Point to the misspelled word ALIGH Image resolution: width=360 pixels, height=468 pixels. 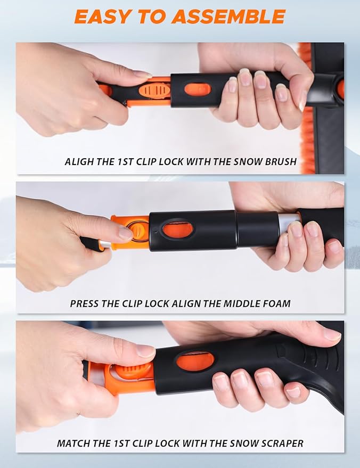point(80,161)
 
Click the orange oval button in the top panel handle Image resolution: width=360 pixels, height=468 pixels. point(198,89)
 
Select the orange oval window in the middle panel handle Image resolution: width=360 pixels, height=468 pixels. point(177,230)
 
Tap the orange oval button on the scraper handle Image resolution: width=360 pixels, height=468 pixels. point(195,362)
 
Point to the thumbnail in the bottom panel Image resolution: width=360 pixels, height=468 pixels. point(145,351)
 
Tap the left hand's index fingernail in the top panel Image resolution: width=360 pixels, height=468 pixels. point(142,75)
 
